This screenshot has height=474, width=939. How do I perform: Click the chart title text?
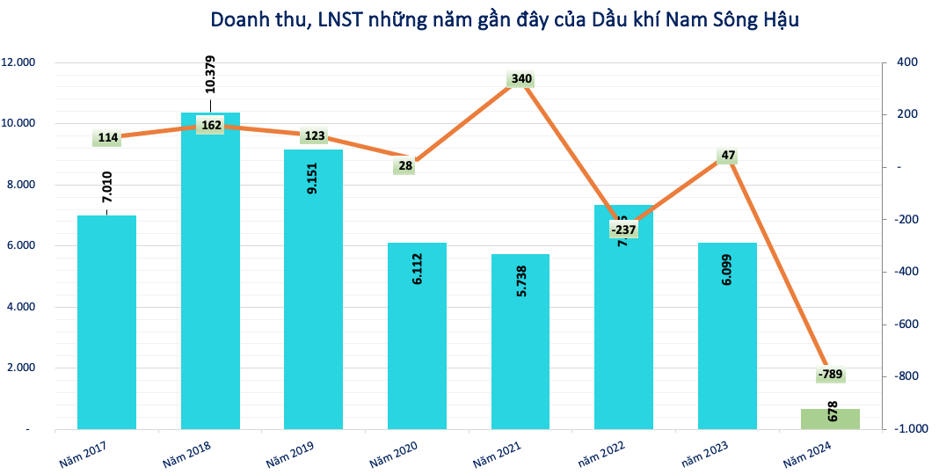[x=505, y=19]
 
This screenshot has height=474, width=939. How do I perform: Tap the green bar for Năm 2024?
[x=830, y=419]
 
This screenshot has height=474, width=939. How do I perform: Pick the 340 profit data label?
[x=521, y=79]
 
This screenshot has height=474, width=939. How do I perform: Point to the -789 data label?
[x=830, y=375]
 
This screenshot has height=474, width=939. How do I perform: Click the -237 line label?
[x=623, y=230]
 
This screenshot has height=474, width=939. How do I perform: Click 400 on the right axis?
[x=906, y=62]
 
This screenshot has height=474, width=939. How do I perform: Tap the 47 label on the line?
[x=728, y=156]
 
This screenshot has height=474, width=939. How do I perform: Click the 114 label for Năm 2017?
[x=108, y=137]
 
